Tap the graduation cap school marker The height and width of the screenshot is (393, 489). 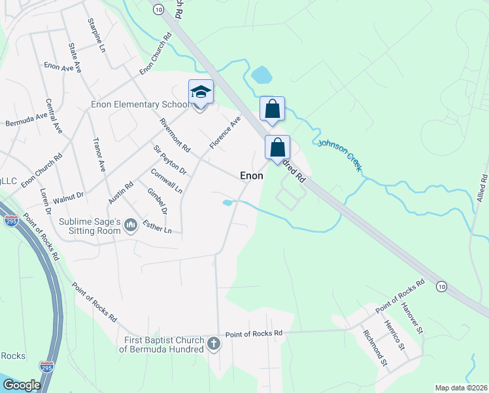(x=201, y=92)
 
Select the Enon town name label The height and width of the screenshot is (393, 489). (x=252, y=176)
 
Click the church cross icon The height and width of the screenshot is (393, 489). (x=213, y=344)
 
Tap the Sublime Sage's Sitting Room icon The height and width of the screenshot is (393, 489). (x=131, y=226)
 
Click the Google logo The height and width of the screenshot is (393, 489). (x=22, y=385)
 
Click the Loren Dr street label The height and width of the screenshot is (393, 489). (x=45, y=202)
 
